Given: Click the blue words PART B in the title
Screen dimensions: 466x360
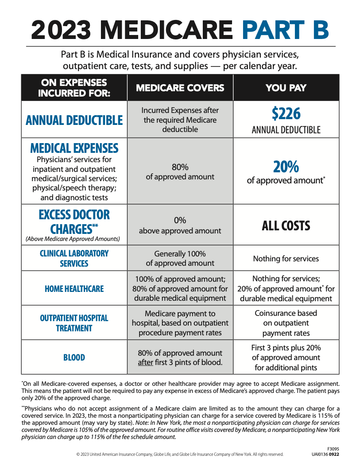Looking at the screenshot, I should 285,29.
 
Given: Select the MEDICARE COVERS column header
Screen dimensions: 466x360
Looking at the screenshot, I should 180,88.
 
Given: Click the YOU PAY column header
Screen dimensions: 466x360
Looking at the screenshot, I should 286,88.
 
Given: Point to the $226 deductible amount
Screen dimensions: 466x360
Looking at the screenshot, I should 286,114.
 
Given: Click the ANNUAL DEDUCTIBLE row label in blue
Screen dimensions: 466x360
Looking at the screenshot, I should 74,120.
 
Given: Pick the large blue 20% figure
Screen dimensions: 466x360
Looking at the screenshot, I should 286,167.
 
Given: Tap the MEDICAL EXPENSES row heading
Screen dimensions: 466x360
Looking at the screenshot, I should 74,148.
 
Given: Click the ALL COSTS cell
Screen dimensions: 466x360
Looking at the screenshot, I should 286,226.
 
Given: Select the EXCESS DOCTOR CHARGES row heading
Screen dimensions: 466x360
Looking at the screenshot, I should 74,222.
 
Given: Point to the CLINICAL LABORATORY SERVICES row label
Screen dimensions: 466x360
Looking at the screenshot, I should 74,258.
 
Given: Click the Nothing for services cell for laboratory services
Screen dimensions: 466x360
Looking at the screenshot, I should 286,259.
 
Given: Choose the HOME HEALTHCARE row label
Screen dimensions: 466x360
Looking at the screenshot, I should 74,289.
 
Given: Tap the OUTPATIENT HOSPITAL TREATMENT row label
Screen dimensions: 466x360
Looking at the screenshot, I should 74,323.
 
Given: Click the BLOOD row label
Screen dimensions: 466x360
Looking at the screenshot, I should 74,357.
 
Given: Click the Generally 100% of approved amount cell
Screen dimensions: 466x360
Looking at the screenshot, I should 180,259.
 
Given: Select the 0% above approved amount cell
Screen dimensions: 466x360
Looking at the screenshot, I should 180,225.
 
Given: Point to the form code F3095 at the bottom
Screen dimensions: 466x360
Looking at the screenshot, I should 333,449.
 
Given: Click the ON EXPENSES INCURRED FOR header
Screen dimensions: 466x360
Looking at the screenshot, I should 74,88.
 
